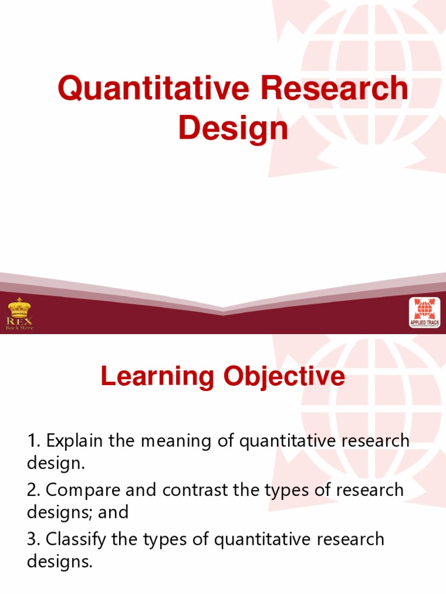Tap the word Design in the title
(x=233, y=128)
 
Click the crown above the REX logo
(x=19, y=307)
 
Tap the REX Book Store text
(x=19, y=323)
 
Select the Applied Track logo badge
(x=425, y=313)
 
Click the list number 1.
(x=33, y=441)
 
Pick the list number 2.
(x=33, y=490)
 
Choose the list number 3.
(x=33, y=539)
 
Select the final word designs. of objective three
(x=60, y=562)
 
